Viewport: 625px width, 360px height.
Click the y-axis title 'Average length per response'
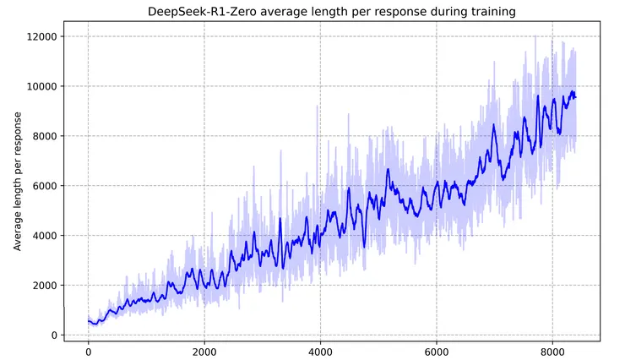click(18, 185)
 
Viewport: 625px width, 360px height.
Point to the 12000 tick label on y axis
click(40, 36)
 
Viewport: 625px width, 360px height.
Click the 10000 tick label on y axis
click(40, 86)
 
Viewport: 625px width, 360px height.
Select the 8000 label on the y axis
click(42, 136)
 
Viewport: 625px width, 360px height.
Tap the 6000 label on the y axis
click(42, 186)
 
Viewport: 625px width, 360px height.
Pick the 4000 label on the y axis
click(42, 236)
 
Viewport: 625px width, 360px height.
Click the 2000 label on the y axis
click(42, 286)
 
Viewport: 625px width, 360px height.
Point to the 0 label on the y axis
click(52, 335)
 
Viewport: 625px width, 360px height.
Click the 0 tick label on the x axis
click(88, 352)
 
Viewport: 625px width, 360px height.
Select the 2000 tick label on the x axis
click(204, 352)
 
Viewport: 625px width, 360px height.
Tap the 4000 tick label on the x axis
click(320, 352)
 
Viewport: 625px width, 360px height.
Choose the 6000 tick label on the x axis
click(436, 352)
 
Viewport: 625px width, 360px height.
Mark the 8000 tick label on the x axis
click(552, 352)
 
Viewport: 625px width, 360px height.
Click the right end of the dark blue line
click(576, 96)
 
